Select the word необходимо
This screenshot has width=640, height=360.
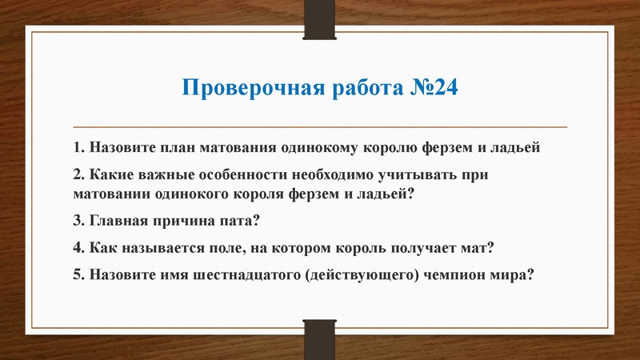tap(352, 175)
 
